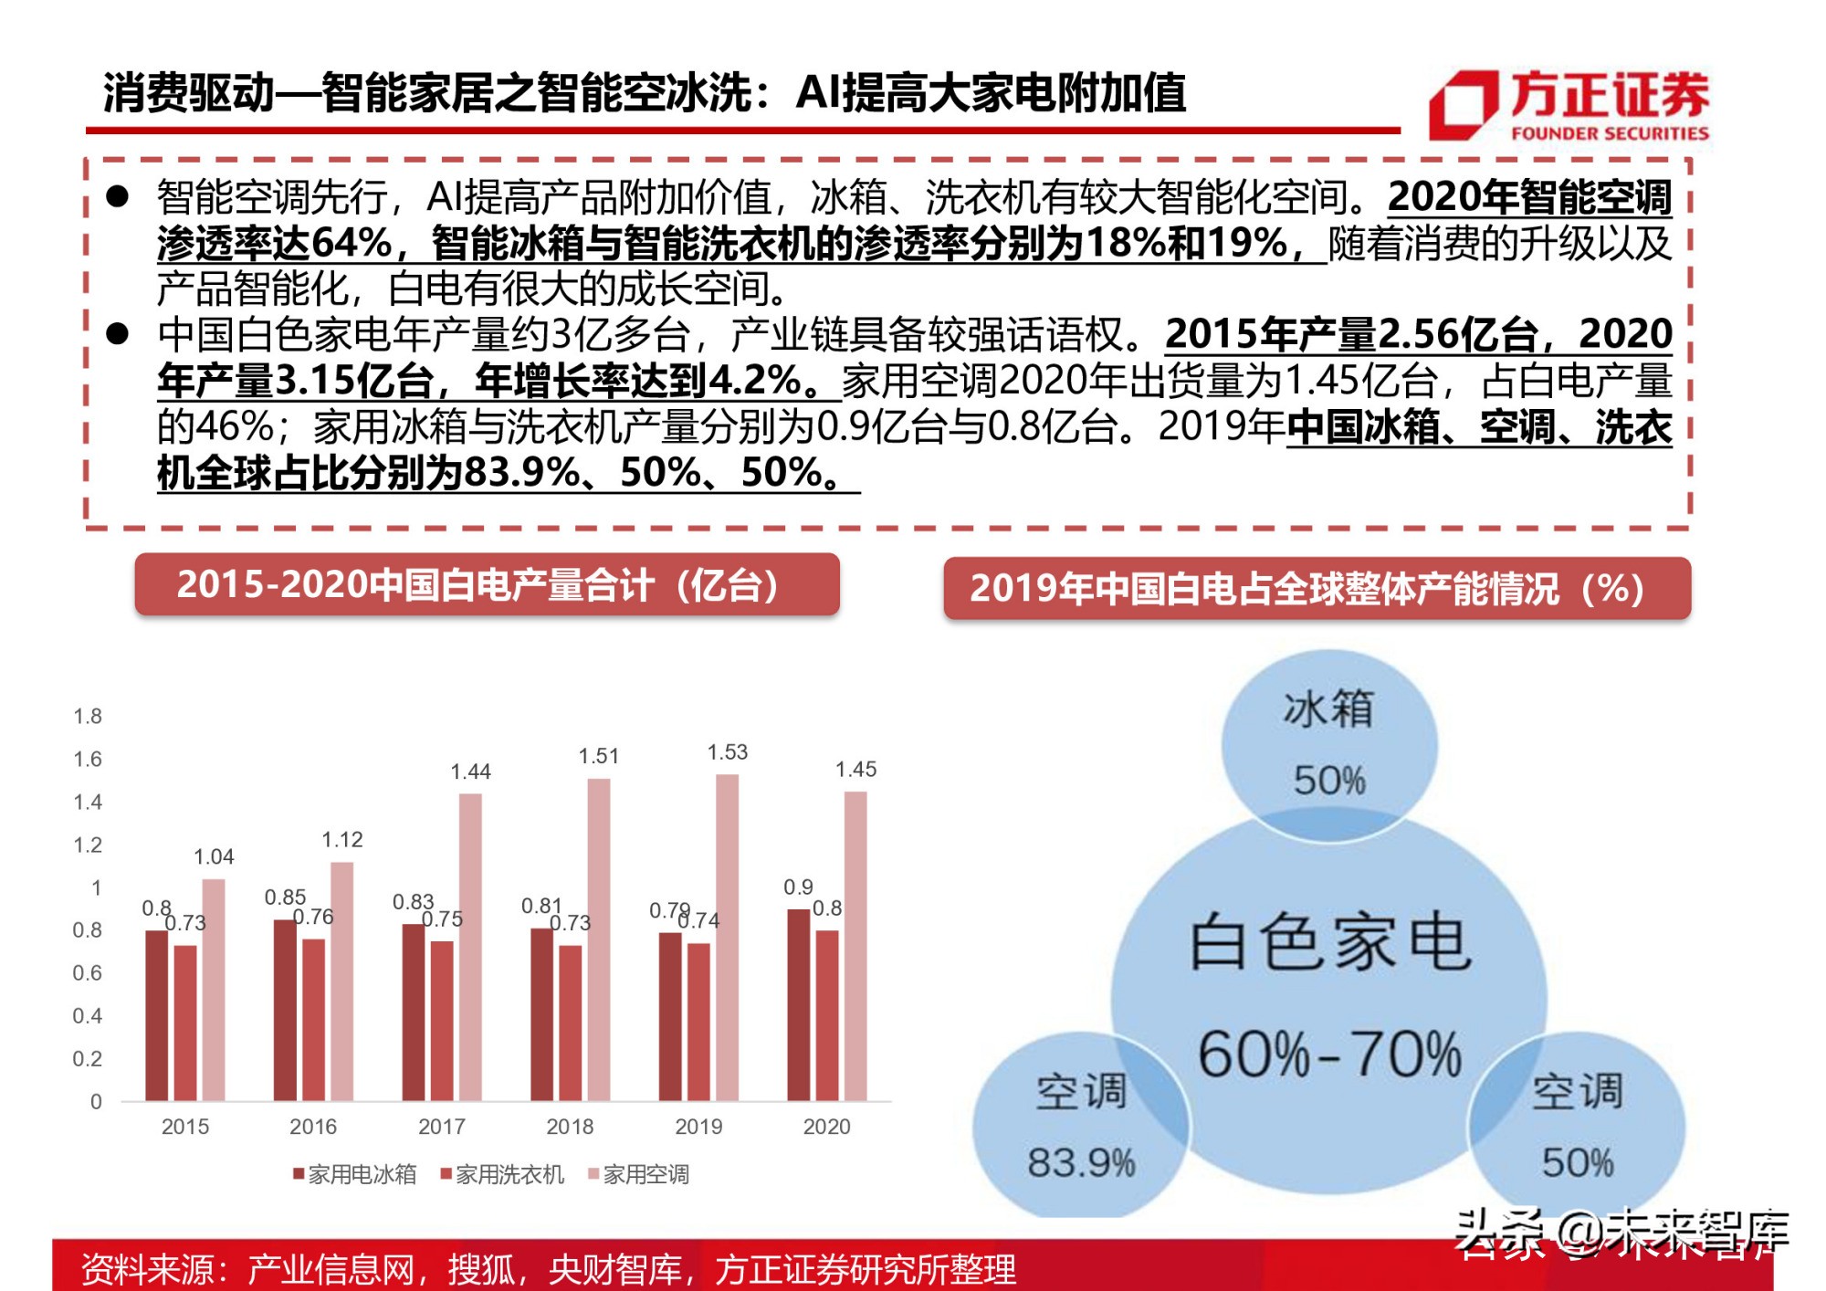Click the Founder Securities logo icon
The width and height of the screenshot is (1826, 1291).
(1464, 105)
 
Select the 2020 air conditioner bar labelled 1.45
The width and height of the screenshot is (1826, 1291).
(855, 945)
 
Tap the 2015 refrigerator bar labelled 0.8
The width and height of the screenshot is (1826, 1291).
(157, 1014)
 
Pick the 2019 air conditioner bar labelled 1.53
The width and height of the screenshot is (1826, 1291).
(727, 937)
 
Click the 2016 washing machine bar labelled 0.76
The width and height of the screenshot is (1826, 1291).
(313, 1019)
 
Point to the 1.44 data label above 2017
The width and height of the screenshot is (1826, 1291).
(470, 772)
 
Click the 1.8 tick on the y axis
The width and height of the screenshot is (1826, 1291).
(88, 717)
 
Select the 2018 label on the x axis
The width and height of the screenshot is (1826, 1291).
(570, 1127)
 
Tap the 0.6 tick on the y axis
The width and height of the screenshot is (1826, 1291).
(88, 973)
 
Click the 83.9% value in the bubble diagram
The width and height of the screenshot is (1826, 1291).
(1081, 1163)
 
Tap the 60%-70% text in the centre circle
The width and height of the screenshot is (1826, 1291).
(1329, 1055)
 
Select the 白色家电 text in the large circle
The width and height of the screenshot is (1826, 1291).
(1329, 942)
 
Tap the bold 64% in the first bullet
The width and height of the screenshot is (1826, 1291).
(352, 243)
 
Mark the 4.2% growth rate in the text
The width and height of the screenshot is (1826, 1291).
(754, 380)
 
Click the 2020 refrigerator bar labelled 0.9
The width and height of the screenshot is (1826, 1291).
(799, 1004)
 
